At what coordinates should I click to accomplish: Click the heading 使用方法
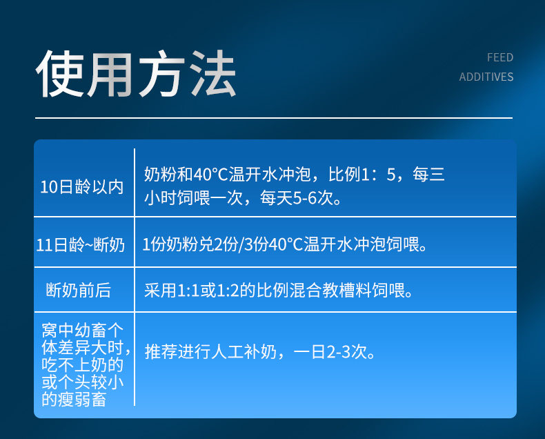click(x=136, y=74)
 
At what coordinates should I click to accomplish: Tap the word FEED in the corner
click(x=500, y=57)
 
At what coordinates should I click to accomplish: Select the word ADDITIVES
click(x=486, y=77)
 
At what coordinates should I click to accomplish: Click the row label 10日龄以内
click(x=82, y=187)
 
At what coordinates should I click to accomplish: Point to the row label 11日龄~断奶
click(x=80, y=244)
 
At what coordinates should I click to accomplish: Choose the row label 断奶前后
click(x=79, y=290)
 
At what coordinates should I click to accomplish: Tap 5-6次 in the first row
click(x=313, y=198)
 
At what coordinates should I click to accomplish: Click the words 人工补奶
click(x=244, y=352)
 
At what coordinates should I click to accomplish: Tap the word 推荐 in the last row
click(x=161, y=352)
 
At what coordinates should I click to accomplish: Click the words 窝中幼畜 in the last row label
click(x=74, y=330)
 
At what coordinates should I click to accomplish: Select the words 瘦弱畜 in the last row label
click(x=82, y=400)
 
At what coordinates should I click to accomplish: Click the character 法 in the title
click(x=213, y=73)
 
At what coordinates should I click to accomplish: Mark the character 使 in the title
click(x=59, y=74)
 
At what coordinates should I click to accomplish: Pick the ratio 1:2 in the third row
click(x=228, y=290)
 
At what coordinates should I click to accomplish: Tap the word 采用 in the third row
click(x=161, y=290)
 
